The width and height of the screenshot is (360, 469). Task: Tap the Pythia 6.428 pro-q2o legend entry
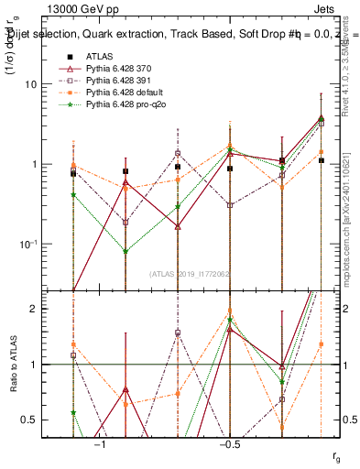pyautogui.click(x=126, y=105)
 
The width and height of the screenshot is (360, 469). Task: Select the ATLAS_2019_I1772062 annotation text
pyautogui.click(x=191, y=273)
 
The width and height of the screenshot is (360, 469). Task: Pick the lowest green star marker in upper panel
pyautogui.click(x=125, y=252)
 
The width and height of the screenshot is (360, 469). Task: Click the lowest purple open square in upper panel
pyautogui.click(x=125, y=223)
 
